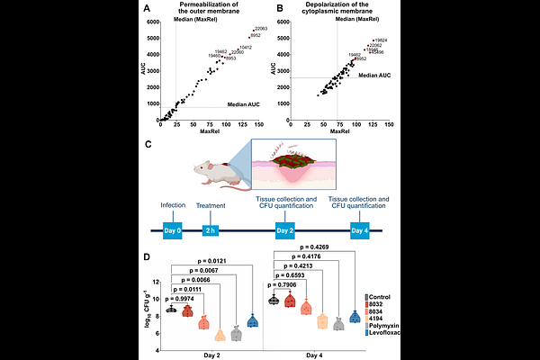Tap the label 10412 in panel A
click(x=245, y=47)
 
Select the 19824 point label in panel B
click(x=380, y=40)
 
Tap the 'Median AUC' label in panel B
click(x=373, y=76)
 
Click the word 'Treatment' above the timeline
click(x=211, y=205)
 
